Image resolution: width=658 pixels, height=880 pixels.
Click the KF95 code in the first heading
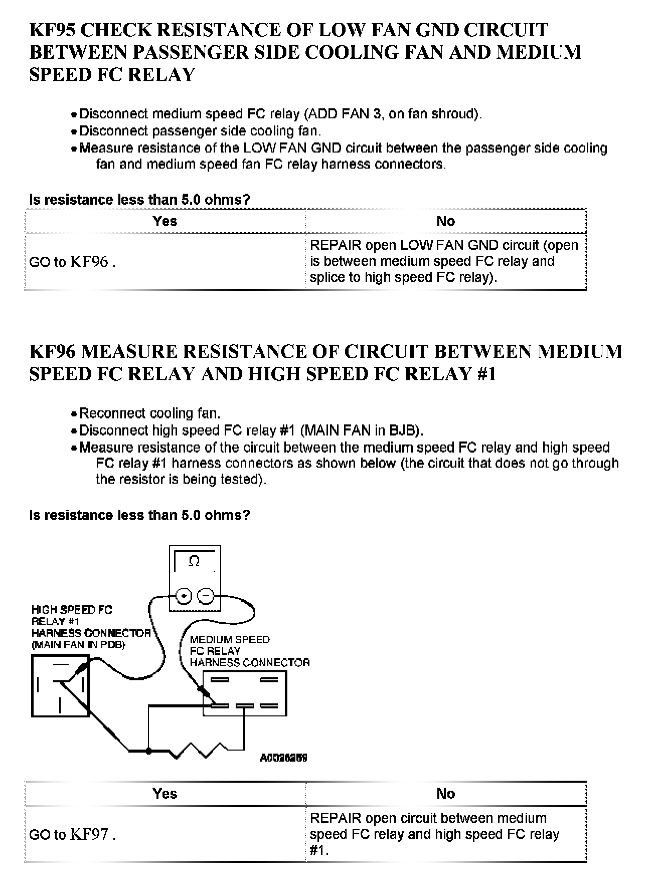coord(52,31)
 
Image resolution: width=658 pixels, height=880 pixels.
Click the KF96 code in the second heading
coord(52,352)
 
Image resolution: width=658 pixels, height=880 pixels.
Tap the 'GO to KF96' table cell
coord(72,262)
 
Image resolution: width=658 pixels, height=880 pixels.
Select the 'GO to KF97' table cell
coord(72,834)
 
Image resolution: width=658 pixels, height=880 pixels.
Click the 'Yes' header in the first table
coord(164,221)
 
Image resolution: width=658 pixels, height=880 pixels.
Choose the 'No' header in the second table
coord(445,793)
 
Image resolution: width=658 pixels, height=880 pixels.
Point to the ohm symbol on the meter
coord(194,561)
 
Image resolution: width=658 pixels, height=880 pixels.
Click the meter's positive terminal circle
coord(184,596)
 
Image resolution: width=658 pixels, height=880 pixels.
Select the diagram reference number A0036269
coord(283,758)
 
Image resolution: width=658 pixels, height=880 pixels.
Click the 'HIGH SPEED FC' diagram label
coord(72,610)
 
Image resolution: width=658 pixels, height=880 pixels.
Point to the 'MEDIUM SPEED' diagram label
coord(230,640)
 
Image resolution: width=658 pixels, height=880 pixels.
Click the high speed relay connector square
coord(60,686)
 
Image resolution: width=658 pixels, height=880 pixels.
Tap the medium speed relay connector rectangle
coord(245,693)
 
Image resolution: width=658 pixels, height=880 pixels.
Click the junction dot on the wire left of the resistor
coord(148,751)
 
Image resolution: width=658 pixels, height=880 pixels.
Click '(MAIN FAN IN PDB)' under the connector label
coord(78,645)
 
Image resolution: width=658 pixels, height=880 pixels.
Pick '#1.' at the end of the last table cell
coord(319,850)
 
